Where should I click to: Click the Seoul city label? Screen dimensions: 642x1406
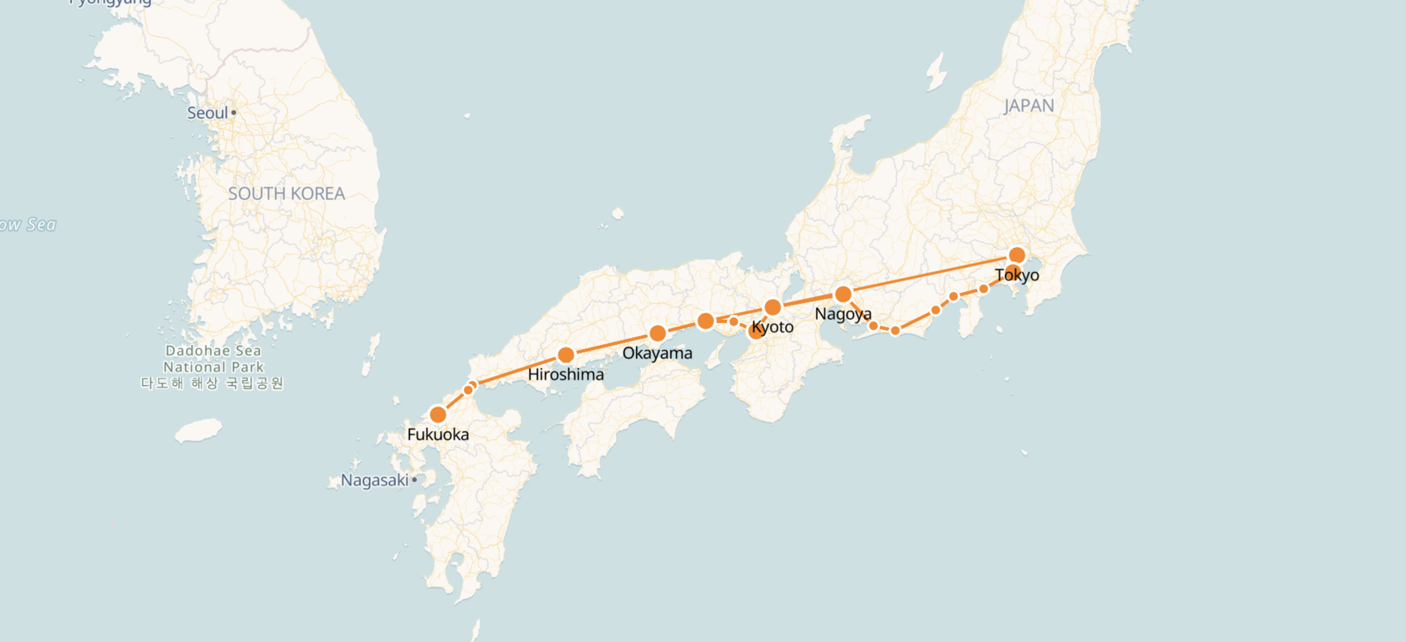pos(207,113)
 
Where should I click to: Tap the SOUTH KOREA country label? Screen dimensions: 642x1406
pos(286,193)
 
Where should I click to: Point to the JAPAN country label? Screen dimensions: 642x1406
pos(1029,106)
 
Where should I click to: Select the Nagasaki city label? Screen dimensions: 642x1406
pos(374,480)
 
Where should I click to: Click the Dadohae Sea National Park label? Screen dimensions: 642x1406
pos(213,367)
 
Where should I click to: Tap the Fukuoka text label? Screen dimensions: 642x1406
pos(438,434)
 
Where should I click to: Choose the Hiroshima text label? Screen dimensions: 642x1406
pos(566,374)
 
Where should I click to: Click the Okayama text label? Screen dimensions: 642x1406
pos(657,353)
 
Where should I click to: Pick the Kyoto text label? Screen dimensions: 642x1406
pos(772,327)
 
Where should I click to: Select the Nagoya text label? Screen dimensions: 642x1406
pos(843,314)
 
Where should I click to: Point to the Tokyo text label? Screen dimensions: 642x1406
pos(1017,275)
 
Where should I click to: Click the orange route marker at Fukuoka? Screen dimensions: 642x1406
pos(438,414)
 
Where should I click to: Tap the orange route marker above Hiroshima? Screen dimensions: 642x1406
pos(566,355)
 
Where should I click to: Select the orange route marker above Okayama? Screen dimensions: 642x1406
pos(658,333)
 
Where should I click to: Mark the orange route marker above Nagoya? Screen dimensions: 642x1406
pos(844,295)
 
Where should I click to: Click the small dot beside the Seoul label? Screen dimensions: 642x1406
pos(233,112)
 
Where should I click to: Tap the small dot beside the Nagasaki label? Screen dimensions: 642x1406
pos(414,480)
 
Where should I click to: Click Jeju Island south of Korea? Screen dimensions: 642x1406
pos(198,431)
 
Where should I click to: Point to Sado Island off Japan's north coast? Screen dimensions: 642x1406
pos(936,73)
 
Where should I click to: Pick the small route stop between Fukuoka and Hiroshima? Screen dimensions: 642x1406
pos(469,389)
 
